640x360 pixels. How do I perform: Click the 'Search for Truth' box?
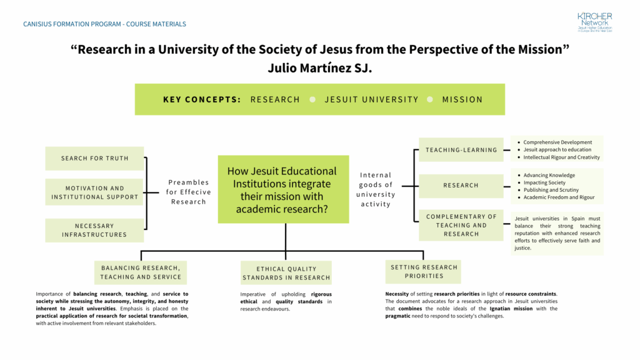(x=95, y=159)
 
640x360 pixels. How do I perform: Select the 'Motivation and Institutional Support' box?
(x=95, y=192)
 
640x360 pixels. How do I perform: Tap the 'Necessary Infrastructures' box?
(x=95, y=230)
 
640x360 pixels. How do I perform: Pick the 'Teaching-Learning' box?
(x=461, y=150)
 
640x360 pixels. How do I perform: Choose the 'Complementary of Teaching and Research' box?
(x=461, y=225)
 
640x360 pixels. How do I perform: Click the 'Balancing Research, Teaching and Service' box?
(x=141, y=272)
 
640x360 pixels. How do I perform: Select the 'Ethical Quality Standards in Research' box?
(x=286, y=273)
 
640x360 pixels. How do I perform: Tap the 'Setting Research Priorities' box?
(x=424, y=271)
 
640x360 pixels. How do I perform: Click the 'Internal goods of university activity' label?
(x=376, y=189)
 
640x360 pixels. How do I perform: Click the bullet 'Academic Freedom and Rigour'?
(x=559, y=197)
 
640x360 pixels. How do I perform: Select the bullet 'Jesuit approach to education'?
(x=557, y=150)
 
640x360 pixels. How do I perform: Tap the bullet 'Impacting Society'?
(x=544, y=182)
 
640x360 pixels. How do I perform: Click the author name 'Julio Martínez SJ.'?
(x=319, y=68)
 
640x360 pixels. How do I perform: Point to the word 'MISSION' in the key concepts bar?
(x=462, y=99)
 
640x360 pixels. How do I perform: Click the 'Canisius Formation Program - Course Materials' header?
(x=104, y=24)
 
